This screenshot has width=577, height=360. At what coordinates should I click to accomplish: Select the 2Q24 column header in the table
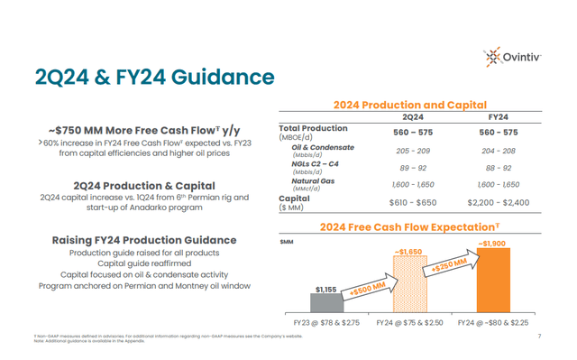[x=414, y=116]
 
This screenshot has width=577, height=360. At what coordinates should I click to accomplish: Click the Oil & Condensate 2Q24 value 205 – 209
[x=414, y=151]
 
